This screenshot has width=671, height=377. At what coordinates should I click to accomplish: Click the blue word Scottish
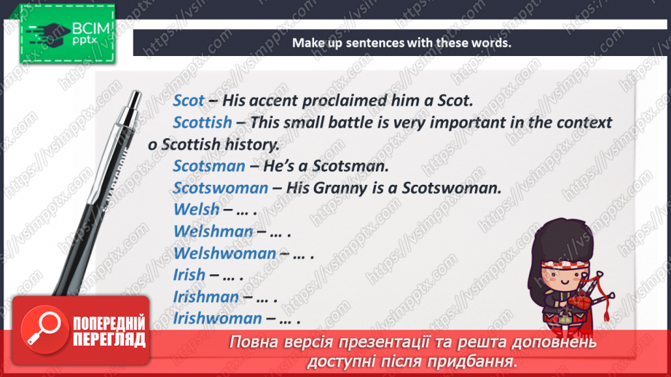[203, 123]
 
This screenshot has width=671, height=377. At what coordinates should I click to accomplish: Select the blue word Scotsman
[209, 166]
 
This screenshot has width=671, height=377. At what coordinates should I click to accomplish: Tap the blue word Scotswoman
[220, 188]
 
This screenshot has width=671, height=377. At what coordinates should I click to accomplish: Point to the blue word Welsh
[197, 210]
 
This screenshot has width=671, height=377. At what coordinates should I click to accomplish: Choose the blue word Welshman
[213, 231]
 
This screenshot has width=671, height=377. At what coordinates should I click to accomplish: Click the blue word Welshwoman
[224, 253]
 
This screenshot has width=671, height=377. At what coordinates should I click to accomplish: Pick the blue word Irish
[189, 275]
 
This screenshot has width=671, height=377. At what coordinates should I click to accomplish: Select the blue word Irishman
[206, 297]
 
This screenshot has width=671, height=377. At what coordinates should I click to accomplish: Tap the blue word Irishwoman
[217, 319]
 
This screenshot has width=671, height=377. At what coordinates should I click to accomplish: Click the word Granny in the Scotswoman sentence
[340, 188]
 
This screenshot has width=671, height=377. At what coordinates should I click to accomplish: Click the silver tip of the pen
[136, 100]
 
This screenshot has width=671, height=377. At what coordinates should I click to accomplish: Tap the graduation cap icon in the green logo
[48, 33]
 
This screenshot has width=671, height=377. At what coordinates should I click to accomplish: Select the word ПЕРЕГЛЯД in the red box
[109, 340]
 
